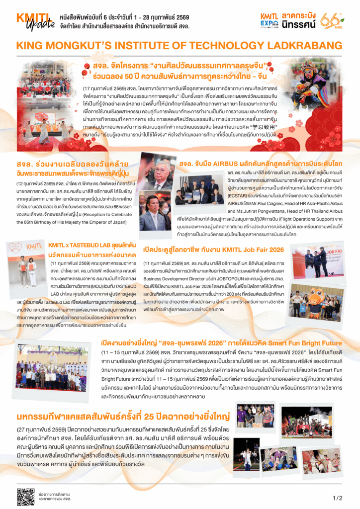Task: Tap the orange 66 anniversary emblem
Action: tap(330, 21)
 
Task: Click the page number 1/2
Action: tap(337, 498)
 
